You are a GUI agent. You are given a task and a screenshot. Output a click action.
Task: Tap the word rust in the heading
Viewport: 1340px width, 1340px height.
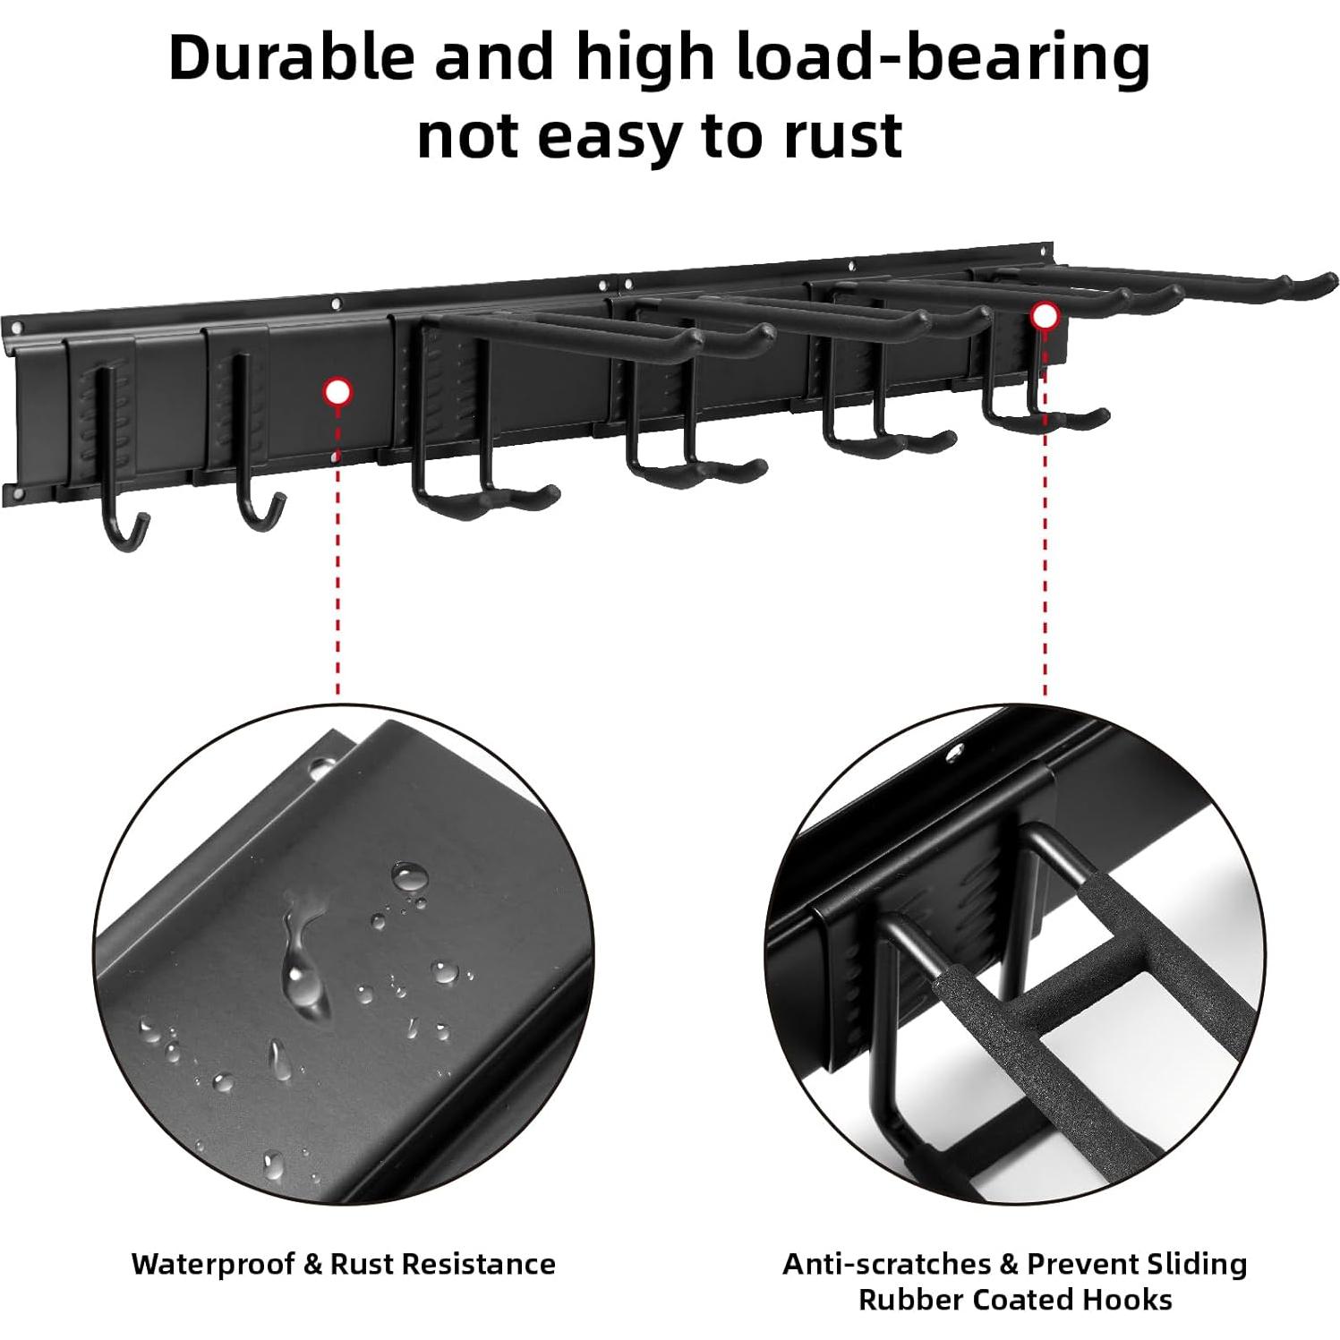tap(833, 136)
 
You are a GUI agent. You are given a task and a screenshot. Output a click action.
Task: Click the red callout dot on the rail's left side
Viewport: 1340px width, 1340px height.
tap(337, 392)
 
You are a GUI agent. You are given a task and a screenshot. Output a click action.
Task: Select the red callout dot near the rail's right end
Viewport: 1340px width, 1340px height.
tap(1043, 315)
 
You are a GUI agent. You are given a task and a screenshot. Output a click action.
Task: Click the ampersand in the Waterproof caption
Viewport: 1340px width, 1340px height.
tap(312, 1264)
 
